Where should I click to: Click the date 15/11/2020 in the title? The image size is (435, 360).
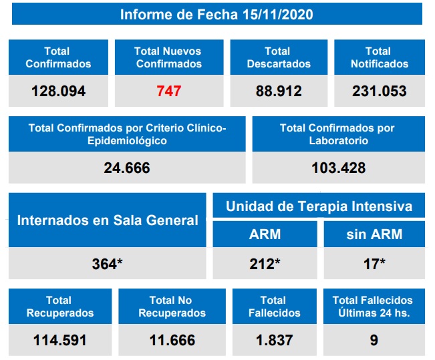point(277,14)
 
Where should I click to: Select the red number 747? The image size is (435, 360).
point(168,91)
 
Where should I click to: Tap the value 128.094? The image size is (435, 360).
point(58,91)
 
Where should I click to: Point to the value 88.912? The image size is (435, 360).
point(279,91)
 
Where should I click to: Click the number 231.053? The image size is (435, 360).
point(379,91)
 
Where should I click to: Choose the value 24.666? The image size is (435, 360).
point(127,168)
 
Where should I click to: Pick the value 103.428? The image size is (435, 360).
point(338,168)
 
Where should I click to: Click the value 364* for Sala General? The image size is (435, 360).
point(108,263)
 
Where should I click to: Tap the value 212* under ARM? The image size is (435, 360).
point(265,263)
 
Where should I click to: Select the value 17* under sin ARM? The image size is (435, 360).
point(374,263)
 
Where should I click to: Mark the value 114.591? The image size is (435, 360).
point(60,340)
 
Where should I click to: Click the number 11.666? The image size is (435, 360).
point(172,340)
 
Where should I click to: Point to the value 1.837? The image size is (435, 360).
point(274,340)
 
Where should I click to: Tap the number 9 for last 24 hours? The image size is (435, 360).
point(374,340)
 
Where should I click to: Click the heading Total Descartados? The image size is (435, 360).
point(279,57)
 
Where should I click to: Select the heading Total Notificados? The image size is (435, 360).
point(379,57)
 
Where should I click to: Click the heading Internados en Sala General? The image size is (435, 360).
point(108,220)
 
